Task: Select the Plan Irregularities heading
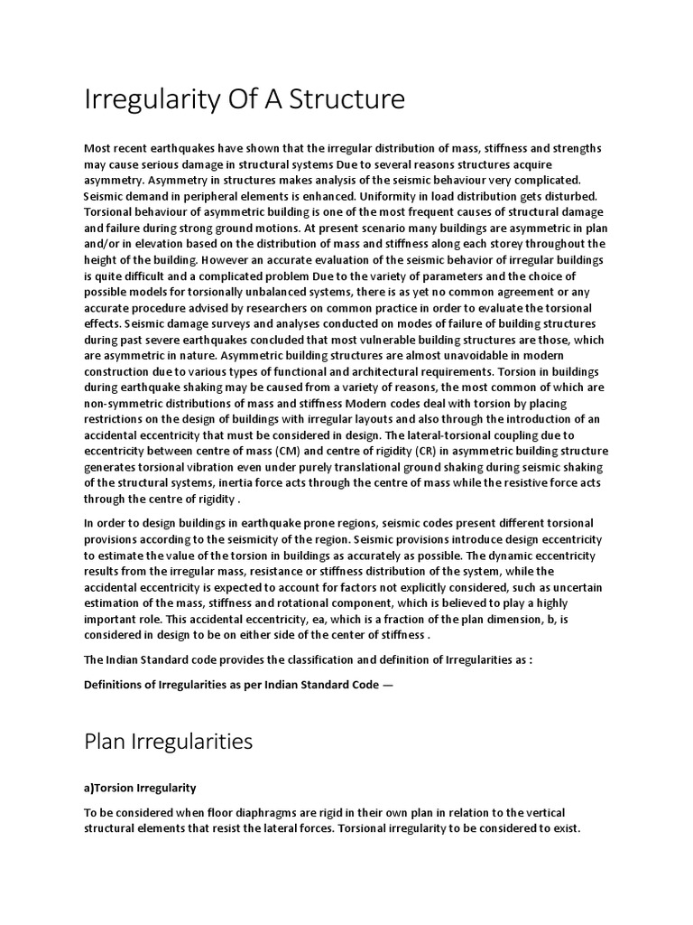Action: click(x=168, y=742)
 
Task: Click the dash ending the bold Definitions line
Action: click(x=389, y=685)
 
